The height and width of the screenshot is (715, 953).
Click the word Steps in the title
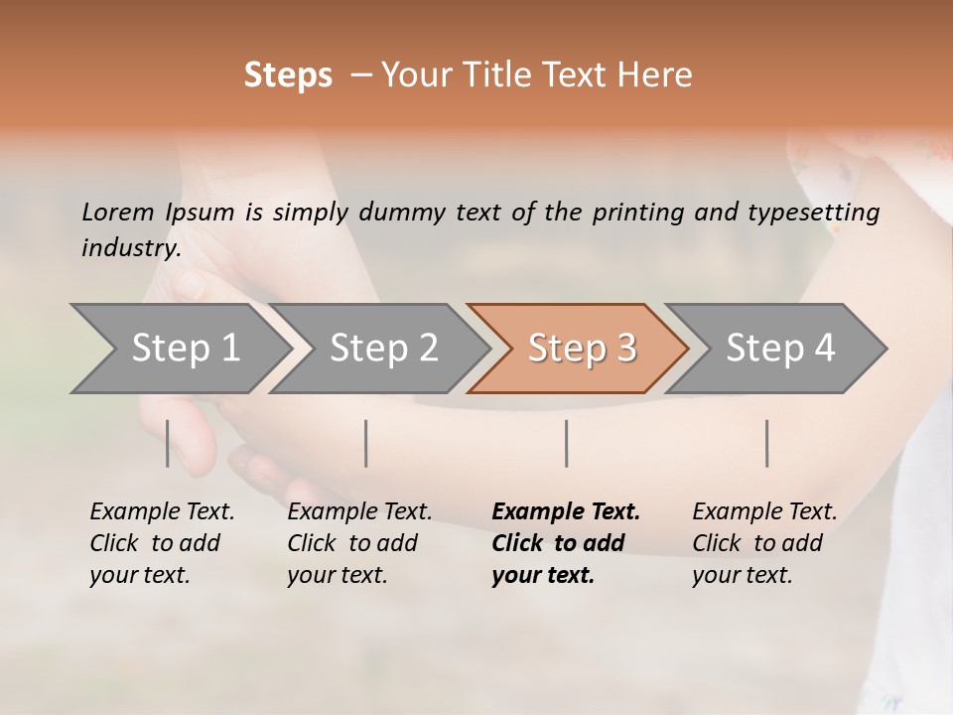(288, 75)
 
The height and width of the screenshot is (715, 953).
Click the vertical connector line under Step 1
(168, 443)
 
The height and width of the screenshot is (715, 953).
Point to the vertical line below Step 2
(366, 443)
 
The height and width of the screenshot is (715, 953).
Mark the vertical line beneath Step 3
(566, 443)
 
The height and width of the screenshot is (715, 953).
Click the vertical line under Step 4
(766, 443)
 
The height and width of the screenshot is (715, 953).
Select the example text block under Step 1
(162, 543)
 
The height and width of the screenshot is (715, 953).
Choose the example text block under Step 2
(359, 543)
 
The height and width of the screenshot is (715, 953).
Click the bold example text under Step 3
(565, 543)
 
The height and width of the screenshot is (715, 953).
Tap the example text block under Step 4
(764, 543)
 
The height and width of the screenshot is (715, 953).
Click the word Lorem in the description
(117, 212)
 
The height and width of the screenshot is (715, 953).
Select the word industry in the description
(130, 247)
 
